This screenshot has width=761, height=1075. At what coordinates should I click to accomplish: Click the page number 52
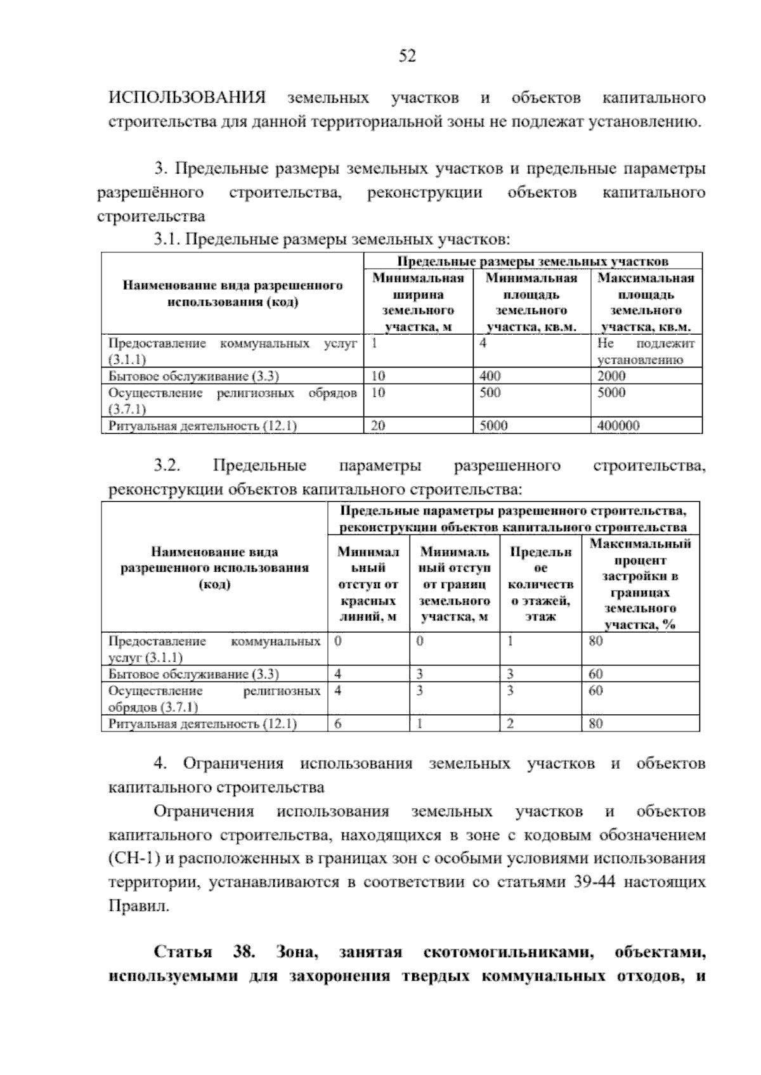[x=407, y=56]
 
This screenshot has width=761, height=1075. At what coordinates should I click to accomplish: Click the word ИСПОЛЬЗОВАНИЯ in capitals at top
[x=187, y=98]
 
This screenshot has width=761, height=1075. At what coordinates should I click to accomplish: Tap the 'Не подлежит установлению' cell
[x=646, y=352]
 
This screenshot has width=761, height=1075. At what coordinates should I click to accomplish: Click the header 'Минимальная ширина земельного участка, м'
[x=418, y=302]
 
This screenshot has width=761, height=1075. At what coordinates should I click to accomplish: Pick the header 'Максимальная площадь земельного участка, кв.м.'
[x=646, y=302]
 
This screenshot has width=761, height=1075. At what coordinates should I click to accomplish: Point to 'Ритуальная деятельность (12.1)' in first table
[x=202, y=426]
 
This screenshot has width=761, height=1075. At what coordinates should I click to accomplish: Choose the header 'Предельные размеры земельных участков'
[x=533, y=261]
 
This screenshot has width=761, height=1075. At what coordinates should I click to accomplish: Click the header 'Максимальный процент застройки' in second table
[x=640, y=584]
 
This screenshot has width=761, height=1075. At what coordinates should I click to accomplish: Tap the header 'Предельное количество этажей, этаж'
[x=540, y=584]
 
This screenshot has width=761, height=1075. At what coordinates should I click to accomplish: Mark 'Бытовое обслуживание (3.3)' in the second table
[x=193, y=674]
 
